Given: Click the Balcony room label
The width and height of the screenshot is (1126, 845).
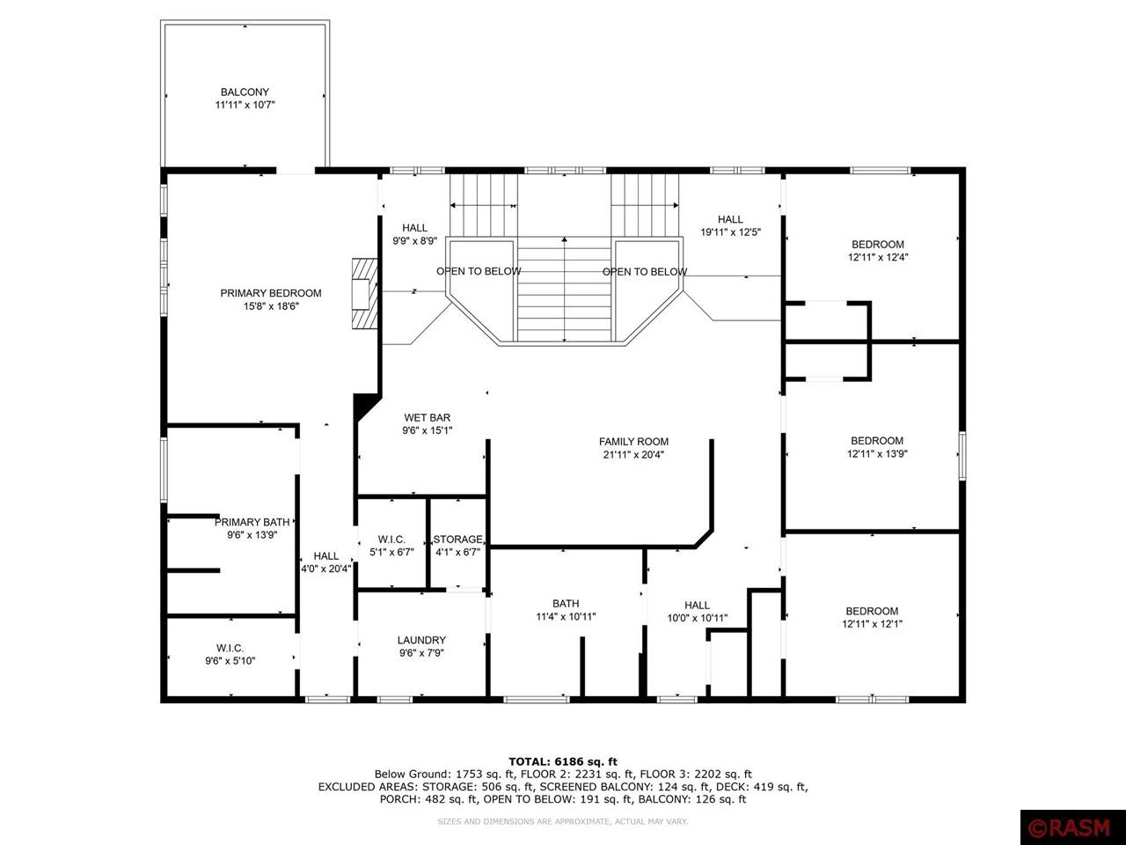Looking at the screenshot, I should tap(245, 92).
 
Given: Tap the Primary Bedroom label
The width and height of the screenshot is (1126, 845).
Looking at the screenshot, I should tap(270, 293).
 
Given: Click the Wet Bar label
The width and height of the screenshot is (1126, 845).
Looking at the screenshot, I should tap(427, 418).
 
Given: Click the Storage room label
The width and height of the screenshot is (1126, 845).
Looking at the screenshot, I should tap(457, 540).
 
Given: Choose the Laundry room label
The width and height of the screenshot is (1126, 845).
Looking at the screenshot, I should tap(421, 640).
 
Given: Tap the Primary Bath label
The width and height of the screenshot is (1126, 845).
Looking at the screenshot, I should tap(252, 522).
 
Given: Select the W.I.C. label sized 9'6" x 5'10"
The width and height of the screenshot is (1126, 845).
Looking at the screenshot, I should tap(230, 648).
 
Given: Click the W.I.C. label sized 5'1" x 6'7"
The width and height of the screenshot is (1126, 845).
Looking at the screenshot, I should tap(391, 540).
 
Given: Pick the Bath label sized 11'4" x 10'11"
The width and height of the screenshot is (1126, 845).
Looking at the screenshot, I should tap(566, 604).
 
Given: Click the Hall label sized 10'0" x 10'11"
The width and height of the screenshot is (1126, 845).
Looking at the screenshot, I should tap(697, 605).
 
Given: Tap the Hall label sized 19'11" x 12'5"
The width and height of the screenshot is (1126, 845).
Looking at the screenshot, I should tap(729, 220).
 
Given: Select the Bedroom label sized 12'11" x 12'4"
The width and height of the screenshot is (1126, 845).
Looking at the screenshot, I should tap(877, 245).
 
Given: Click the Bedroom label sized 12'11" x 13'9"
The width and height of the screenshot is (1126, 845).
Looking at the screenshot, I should tap(876, 441).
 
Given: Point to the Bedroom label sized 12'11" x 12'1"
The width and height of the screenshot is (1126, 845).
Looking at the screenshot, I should tap(872, 612).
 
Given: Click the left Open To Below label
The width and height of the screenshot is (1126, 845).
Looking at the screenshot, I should tap(479, 271).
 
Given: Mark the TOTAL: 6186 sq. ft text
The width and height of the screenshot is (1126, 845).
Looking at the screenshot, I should tap(563, 761).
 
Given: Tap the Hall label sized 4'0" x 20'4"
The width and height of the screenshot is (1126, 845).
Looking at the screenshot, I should tap(325, 556).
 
